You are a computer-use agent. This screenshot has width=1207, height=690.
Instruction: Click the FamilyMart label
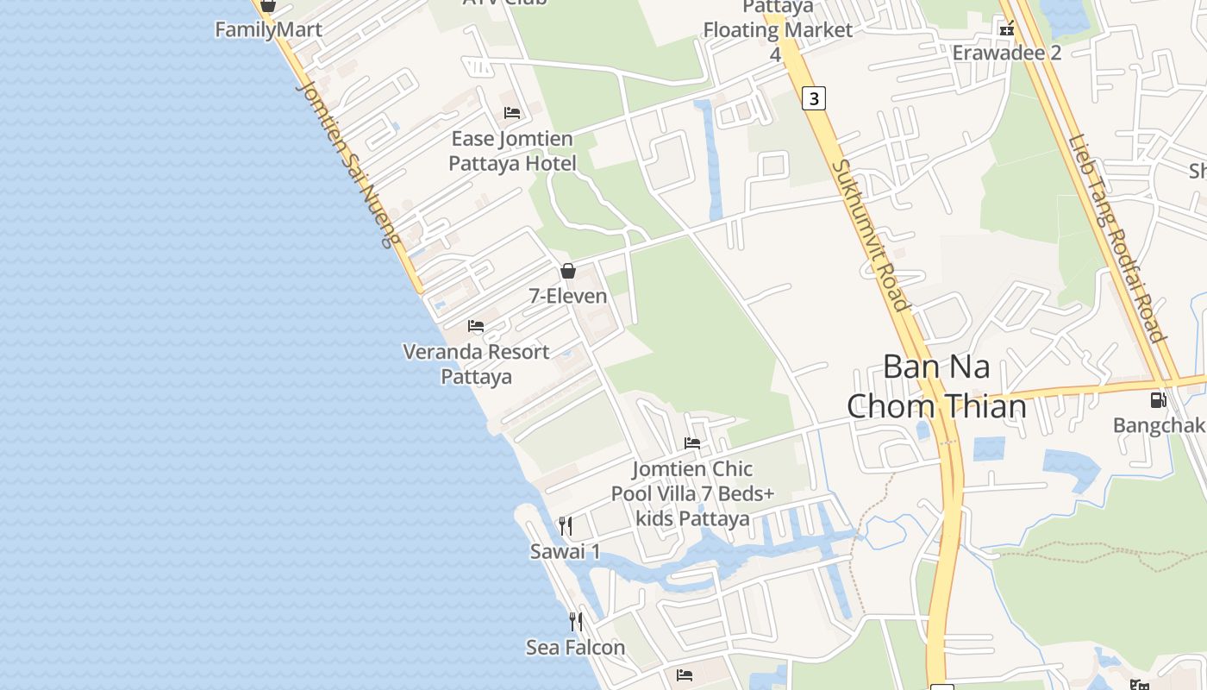tap(268, 30)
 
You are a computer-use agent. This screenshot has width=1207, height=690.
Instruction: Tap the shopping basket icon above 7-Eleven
tap(568, 271)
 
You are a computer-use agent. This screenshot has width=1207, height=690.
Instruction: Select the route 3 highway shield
tap(813, 98)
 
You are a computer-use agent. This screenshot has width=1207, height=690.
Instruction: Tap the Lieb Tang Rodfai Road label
tap(1117, 238)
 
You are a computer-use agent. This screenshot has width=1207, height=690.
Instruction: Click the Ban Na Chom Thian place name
tap(936, 386)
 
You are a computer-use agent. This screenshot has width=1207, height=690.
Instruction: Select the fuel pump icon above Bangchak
tap(1158, 400)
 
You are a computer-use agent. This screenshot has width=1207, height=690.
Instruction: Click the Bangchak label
tap(1158, 425)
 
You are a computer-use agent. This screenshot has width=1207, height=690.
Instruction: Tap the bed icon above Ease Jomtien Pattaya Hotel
tap(512, 113)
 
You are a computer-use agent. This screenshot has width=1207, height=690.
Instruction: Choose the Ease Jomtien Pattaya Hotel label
tap(512, 151)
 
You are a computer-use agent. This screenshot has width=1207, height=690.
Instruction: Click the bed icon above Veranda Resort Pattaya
tap(476, 326)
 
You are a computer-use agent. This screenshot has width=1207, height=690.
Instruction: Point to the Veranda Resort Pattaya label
tap(476, 364)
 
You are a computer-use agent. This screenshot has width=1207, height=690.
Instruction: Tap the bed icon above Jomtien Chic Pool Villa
tap(692, 443)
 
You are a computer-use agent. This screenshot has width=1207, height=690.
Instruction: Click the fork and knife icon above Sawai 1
tap(566, 526)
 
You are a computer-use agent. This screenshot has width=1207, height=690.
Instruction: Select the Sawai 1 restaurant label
tap(565, 552)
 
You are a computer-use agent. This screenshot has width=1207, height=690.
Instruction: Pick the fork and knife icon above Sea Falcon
tap(575, 621)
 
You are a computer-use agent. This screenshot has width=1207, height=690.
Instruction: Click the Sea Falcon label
tap(575, 647)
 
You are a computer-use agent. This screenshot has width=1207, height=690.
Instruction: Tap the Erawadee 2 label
tap(1006, 53)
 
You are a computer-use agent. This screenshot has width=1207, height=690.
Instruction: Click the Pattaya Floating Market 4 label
tap(778, 30)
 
